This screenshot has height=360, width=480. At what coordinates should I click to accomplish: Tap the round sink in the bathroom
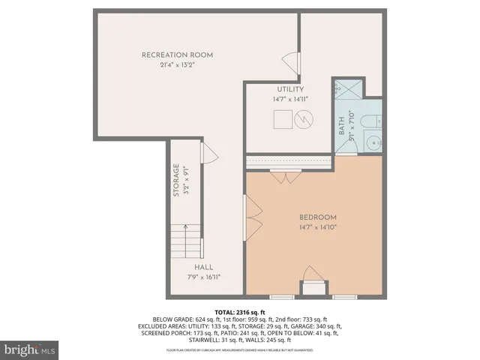(370, 140)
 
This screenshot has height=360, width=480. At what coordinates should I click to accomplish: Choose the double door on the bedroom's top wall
(286, 178)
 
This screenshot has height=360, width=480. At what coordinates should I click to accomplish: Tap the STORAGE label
(176, 180)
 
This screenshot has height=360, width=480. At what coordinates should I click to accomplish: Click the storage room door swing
(210, 155)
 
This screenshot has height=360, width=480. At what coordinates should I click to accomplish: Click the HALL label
(204, 267)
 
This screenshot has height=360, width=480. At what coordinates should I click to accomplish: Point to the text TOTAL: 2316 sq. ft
(240, 311)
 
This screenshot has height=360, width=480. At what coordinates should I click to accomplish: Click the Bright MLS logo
(30, 349)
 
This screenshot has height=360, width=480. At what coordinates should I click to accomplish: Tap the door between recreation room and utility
(289, 63)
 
